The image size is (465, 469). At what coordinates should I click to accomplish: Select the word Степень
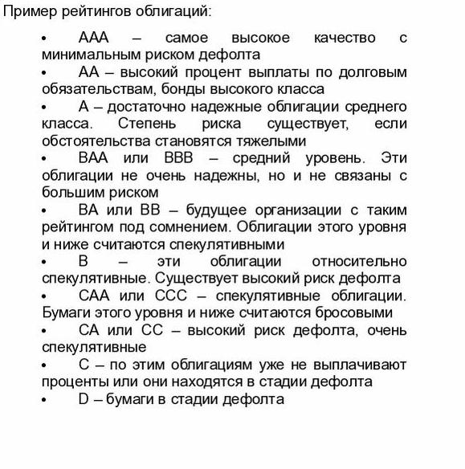pyautogui.click(x=147, y=124)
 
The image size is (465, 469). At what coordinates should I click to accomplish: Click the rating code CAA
pyautogui.click(x=94, y=296)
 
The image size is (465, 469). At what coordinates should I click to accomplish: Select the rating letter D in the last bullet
pyautogui.click(x=84, y=398)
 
